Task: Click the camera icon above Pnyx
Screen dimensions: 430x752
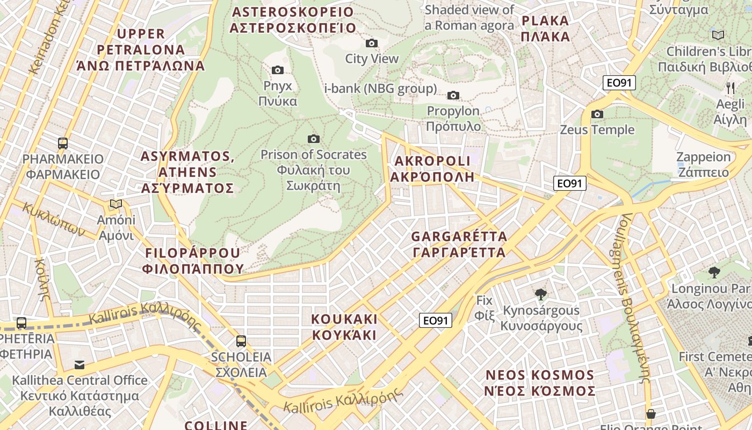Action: pyautogui.click(x=278, y=70)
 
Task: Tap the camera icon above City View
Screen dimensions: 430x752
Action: pyautogui.click(x=371, y=43)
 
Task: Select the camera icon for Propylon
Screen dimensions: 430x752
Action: pyautogui.click(x=453, y=96)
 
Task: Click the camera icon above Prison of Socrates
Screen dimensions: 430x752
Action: pyautogui.click(x=314, y=139)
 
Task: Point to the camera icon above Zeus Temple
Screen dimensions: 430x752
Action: pyautogui.click(x=597, y=114)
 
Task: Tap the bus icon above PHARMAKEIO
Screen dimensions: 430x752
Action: pyautogui.click(x=63, y=144)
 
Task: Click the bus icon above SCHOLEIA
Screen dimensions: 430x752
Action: pyautogui.click(x=241, y=341)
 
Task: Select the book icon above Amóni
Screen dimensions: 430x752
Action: pyautogui.click(x=116, y=204)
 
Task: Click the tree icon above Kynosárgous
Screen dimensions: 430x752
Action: pyautogui.click(x=541, y=295)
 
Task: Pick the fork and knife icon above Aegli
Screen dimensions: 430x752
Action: pyautogui.click(x=730, y=88)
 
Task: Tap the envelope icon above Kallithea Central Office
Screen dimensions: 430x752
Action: pyautogui.click(x=79, y=365)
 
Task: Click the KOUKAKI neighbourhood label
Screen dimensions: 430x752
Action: pyautogui.click(x=344, y=327)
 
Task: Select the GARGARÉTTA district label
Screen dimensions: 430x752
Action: pyautogui.click(x=459, y=245)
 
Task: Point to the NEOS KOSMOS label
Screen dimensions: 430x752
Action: pyautogui.click(x=540, y=383)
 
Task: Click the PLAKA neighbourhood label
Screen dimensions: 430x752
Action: pyautogui.click(x=545, y=29)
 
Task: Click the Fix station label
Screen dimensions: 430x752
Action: pyautogui.click(x=485, y=308)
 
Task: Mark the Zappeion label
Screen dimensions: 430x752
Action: pyautogui.click(x=703, y=165)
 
